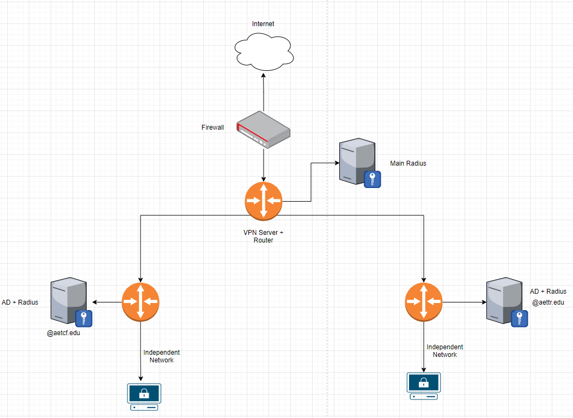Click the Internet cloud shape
264,52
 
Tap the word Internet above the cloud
263,24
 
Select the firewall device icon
264,130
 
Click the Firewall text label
212,128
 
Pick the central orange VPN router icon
264,201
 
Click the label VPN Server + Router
263,236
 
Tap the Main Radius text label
408,163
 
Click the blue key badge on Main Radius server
373,179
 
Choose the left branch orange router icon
141,301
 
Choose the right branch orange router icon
424,301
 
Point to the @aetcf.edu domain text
63,332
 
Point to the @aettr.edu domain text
548,302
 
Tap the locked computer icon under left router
144,397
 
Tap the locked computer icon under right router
424,386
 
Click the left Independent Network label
162,356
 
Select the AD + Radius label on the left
20,302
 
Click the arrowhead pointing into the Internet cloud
263,74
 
